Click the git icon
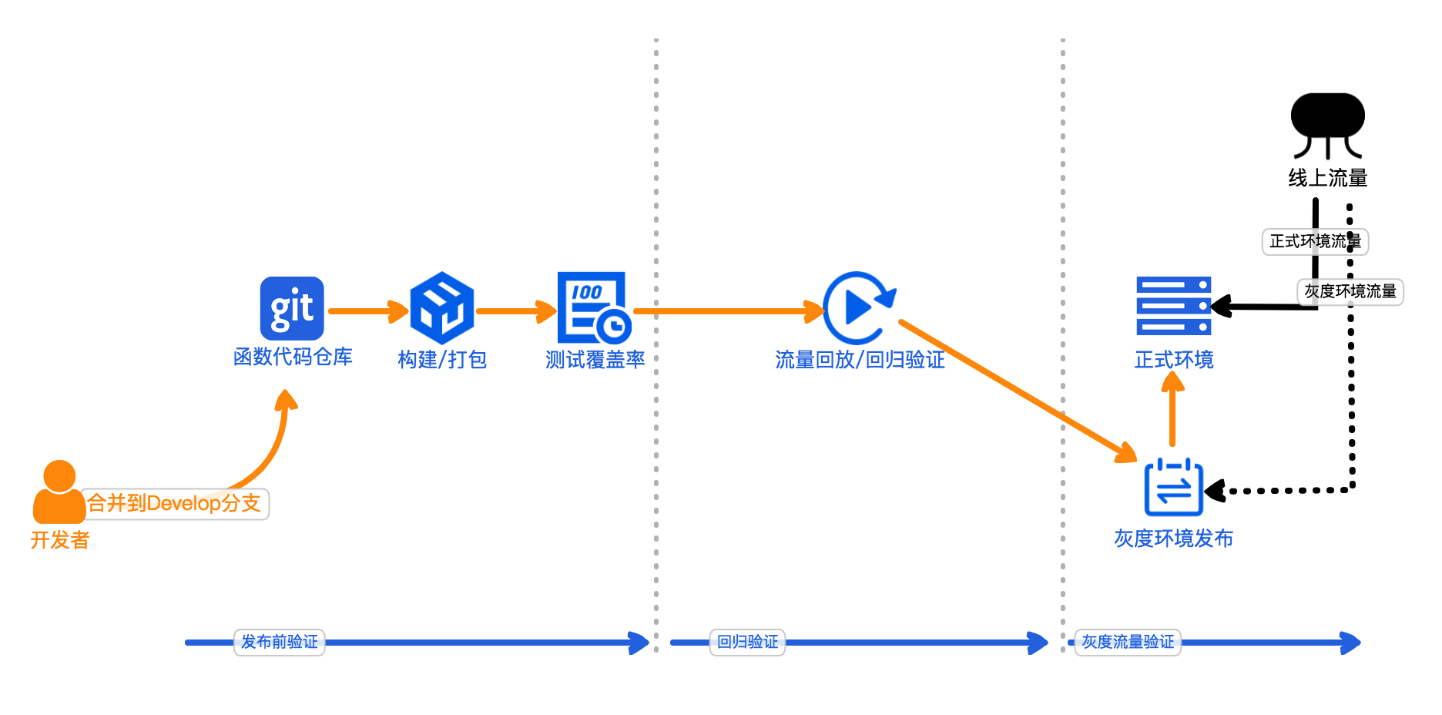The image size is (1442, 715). pos(292,308)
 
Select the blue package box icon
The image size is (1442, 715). pos(441,308)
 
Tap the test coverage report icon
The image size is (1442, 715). pos(593,308)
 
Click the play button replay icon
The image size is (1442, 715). pos(858,308)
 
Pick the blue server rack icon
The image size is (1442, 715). pos(1173,306)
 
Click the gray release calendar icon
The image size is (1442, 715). pos(1173,488)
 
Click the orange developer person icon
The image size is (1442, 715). pos(59,493)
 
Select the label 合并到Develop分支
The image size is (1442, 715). pos(174,504)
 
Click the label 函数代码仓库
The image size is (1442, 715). pos(293,357)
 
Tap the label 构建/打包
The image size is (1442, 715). pos(442,359)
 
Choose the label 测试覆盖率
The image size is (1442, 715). pos(595,359)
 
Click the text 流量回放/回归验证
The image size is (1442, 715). pos(860,359)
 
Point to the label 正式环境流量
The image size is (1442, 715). pos(1314,241)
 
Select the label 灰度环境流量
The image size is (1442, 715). pos(1350,291)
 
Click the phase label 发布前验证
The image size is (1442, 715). pos(280,642)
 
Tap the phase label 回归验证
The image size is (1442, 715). pos(747,642)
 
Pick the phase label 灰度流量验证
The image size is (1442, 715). pos(1128,642)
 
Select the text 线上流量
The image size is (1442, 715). pos(1327,178)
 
